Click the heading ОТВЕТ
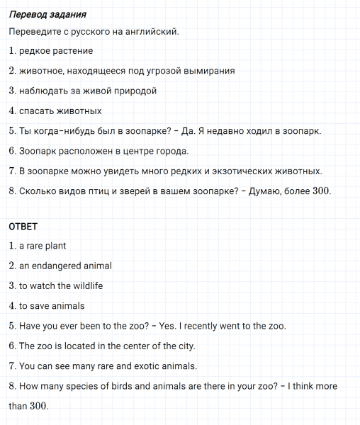coord(22,227)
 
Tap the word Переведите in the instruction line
coord(34,32)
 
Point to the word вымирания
coord(210,71)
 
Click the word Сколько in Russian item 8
coord(36,191)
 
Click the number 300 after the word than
coord(39,407)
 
